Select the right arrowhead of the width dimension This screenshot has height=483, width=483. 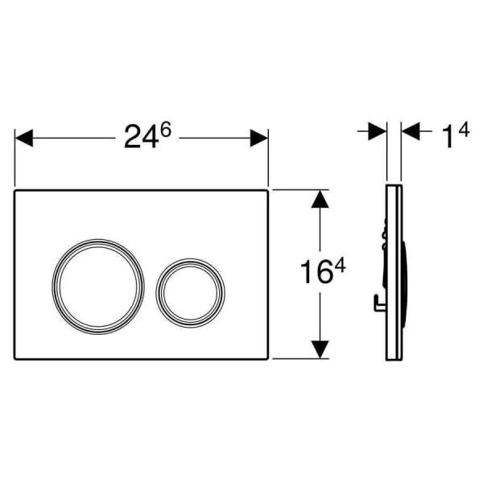pyautogui.click(x=259, y=138)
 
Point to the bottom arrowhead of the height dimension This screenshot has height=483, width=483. pyautogui.click(x=320, y=349)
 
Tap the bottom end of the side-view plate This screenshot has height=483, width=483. pyautogui.click(x=394, y=361)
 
